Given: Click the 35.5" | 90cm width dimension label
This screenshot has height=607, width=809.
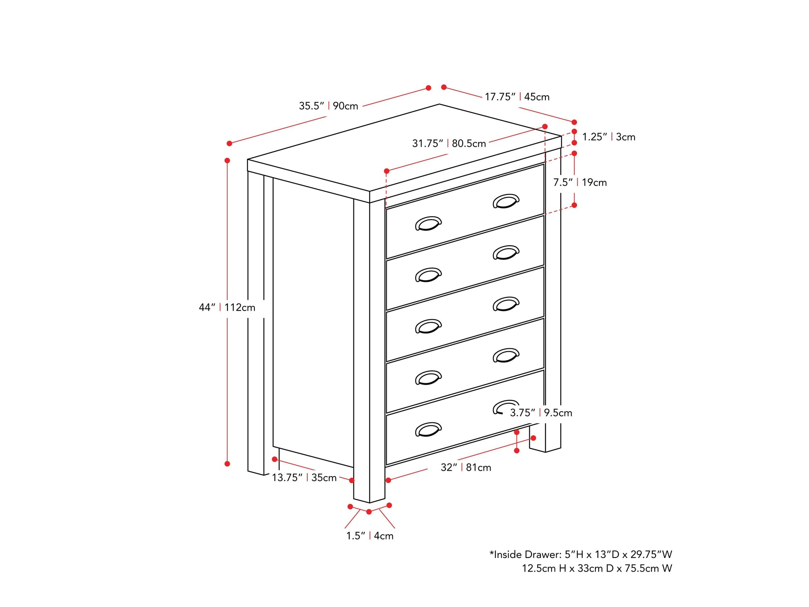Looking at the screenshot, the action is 328,106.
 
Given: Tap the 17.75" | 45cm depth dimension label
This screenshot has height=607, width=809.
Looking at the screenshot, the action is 517,97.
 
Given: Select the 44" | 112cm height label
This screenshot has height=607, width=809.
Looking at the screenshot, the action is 227,308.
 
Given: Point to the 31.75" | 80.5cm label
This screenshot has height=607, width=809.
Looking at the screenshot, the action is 449,143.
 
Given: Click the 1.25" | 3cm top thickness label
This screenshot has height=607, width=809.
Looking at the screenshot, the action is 609,137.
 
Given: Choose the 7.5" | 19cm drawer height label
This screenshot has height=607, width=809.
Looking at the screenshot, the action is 580,183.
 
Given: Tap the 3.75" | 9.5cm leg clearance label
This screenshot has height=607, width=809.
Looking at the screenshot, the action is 541,413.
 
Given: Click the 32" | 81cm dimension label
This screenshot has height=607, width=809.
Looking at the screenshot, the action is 466,468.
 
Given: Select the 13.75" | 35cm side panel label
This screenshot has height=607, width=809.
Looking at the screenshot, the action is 304,478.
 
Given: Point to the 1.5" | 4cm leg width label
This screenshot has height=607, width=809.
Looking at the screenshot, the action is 370,536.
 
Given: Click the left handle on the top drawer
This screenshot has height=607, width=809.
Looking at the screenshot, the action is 428,223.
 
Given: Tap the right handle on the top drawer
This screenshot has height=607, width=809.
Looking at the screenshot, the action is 506,201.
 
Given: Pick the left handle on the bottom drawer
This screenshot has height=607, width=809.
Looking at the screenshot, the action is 428,429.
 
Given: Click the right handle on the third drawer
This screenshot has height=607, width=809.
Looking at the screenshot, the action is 506,304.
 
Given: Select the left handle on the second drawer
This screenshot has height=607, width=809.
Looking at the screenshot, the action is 428,275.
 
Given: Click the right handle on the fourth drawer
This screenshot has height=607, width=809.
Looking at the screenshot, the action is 506,355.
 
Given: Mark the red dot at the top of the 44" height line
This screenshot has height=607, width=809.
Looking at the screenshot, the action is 227,160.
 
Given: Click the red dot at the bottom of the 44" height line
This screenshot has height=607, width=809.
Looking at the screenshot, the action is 227,464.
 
